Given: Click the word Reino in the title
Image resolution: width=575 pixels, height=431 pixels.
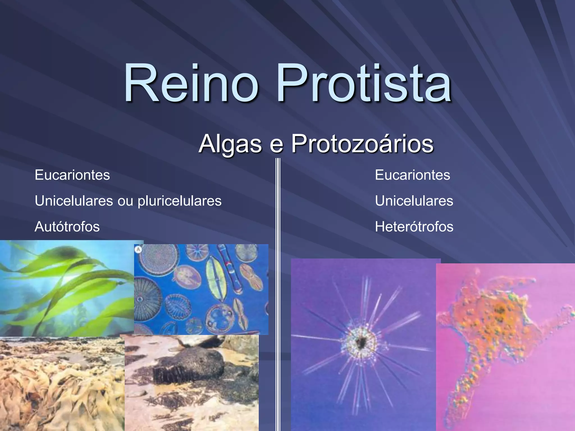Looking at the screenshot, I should [191, 83].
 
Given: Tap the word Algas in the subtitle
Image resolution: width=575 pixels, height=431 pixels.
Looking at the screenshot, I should [230, 144].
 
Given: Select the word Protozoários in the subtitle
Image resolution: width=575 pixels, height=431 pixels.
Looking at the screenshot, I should [362, 144].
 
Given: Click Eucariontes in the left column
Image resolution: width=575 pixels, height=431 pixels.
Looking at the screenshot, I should [72, 175].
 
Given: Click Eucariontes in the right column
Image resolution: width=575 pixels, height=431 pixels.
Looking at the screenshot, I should [412, 175].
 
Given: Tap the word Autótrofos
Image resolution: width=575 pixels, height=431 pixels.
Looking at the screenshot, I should [67, 227].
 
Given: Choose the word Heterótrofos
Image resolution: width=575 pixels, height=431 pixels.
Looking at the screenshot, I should [414, 227].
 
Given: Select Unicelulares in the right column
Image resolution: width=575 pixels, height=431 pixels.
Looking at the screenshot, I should [414, 201].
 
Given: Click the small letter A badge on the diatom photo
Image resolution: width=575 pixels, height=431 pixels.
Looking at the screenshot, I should [138, 249].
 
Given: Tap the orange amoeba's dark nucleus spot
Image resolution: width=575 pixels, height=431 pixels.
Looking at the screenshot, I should [500, 310].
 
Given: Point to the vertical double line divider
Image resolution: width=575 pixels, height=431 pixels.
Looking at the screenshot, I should [278, 281].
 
